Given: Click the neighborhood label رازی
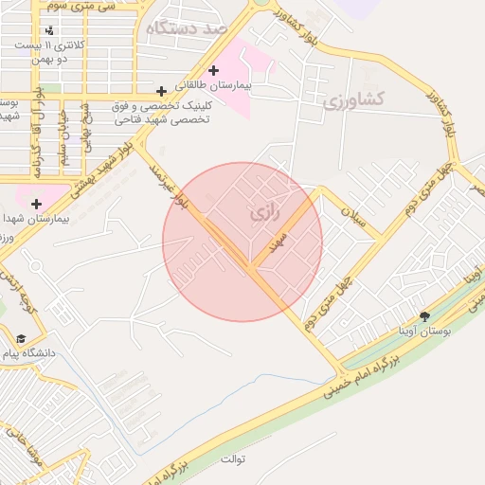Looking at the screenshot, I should coord(266,215).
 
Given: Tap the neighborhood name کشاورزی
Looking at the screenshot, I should coord(353,99).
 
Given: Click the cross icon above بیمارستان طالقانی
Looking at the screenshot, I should coord(214,70).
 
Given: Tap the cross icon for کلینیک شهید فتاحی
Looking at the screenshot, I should coord(162,92).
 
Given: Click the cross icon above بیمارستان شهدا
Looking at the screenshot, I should coord(36,204).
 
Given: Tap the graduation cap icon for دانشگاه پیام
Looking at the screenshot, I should coord(20,338).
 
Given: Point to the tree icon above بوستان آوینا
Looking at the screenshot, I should coord(423,315).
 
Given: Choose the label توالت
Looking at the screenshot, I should coord(233,459).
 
